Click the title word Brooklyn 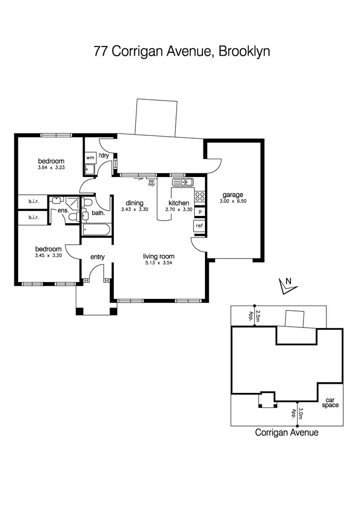[244, 51]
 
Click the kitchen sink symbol [182, 182]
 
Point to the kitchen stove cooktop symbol [200, 196]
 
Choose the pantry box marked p [200, 212]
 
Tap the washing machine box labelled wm [90, 157]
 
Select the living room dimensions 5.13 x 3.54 [158, 263]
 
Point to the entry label [97, 257]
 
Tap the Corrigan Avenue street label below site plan [287, 432]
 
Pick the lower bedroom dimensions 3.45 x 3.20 [48, 256]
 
